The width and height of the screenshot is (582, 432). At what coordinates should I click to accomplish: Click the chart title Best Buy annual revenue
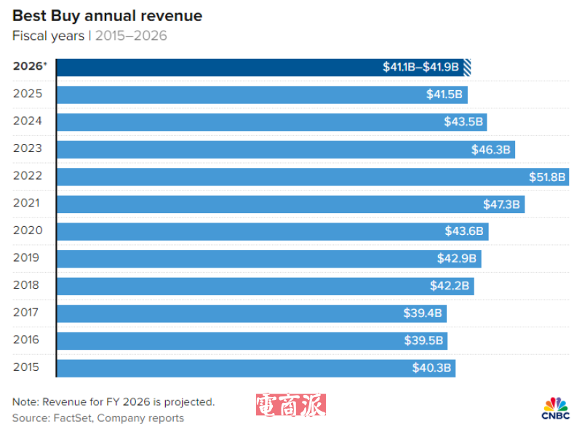pos(107,15)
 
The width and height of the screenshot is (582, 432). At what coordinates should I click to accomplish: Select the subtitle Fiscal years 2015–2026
pos(89,36)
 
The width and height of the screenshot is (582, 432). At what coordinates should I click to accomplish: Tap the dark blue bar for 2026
pos(218,67)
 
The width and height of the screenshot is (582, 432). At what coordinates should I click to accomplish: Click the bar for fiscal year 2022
pos(291,177)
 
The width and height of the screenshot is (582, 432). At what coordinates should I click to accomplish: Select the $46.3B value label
pos(492,150)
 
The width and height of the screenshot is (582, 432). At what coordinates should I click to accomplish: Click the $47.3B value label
pos(502,204)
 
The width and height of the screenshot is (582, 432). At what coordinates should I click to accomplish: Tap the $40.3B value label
pos(432,368)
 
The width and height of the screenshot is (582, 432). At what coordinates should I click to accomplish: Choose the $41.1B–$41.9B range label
pos(421,67)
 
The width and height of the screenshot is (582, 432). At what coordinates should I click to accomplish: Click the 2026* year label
pos(30,66)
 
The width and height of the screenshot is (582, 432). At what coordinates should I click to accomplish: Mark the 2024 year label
pos(28,121)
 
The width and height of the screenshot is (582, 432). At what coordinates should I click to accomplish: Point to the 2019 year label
pos(28,258)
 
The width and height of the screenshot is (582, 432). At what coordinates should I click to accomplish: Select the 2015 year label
pos(28,367)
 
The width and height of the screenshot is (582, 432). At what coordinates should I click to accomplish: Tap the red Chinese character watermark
pos(290,406)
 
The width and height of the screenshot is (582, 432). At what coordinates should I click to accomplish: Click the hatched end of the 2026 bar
pos(468,67)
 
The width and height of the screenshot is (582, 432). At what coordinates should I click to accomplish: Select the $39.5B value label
pos(424,340)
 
